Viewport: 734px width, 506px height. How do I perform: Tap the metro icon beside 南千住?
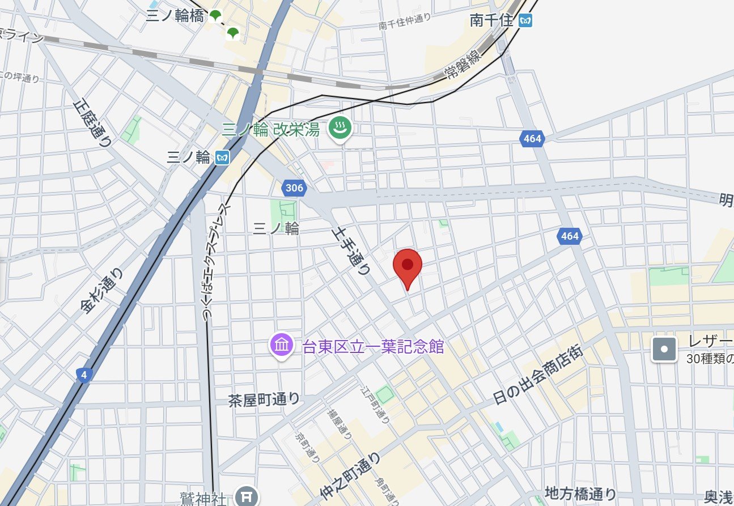[526, 21]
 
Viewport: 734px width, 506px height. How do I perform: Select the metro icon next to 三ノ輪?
[222, 157]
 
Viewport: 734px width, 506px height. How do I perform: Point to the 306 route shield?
[294, 188]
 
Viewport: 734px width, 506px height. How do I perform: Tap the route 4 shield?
[84, 375]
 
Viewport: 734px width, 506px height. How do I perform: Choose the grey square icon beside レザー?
[664, 349]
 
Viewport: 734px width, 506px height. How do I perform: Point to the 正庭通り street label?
[93, 123]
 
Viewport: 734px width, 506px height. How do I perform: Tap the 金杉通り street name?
[103, 291]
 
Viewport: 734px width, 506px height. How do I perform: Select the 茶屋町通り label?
[264, 399]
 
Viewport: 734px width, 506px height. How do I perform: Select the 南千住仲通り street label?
[405, 22]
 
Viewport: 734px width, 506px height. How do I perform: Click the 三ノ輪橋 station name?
[175, 16]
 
